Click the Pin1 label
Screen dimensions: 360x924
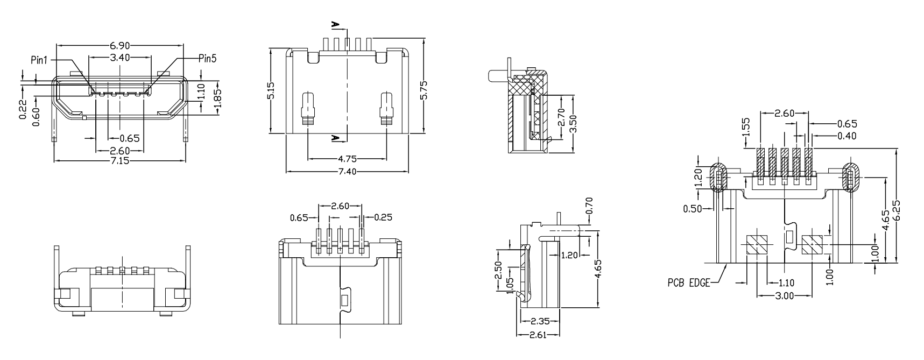(39, 60)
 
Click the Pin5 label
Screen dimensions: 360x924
(208, 59)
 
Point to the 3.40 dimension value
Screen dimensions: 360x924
(120, 58)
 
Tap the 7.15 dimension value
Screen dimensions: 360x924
(119, 161)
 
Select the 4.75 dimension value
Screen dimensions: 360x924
(347, 159)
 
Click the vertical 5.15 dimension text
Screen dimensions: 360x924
(271, 90)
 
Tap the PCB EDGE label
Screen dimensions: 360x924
(689, 282)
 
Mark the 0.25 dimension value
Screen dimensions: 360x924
(383, 217)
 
